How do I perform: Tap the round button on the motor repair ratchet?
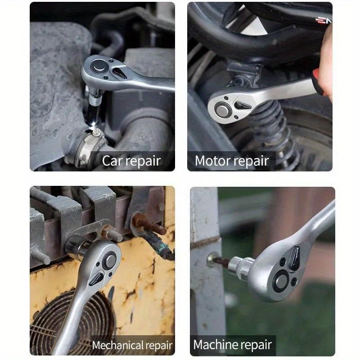[x=222, y=108]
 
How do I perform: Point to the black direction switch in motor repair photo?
[x=243, y=106]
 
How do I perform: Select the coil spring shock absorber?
[x=274, y=130]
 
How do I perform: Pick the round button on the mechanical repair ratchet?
[x=109, y=261]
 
